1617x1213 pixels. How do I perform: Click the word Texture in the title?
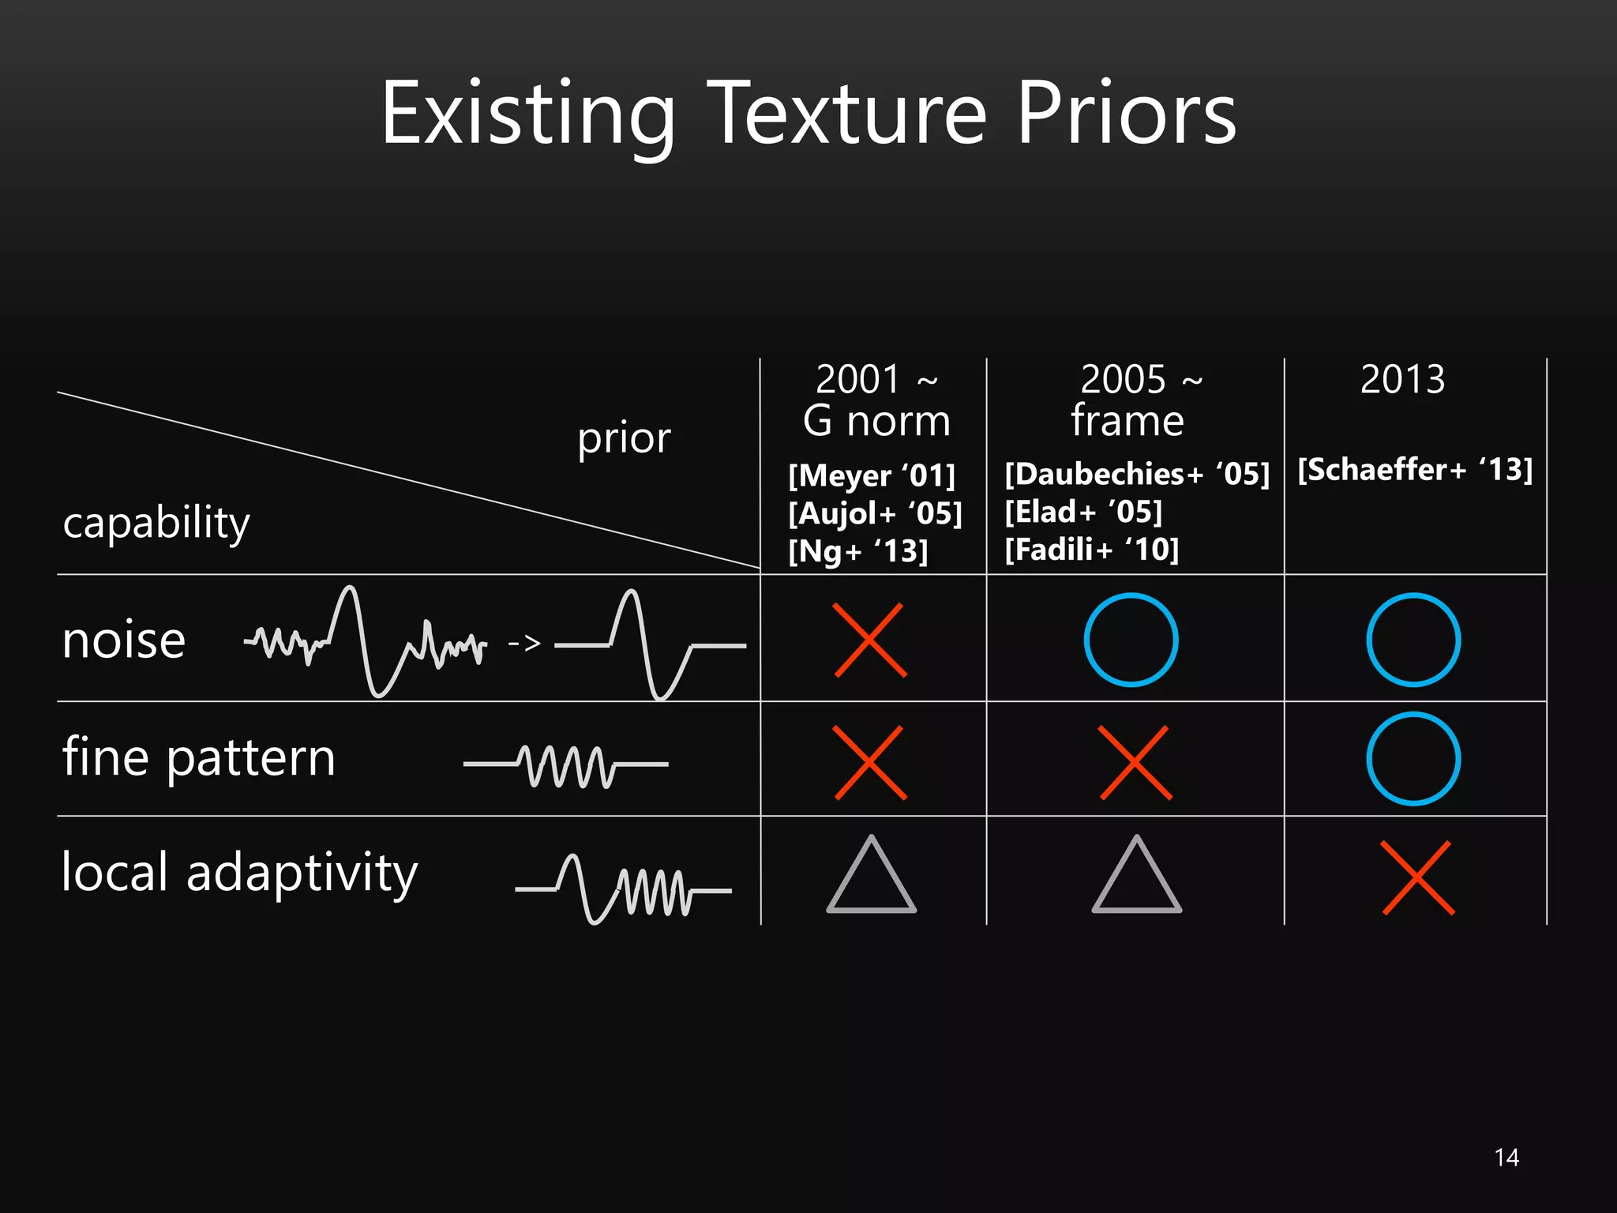click(x=850, y=114)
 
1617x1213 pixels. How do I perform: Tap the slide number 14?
click(x=1506, y=1158)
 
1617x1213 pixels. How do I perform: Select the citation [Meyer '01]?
click(x=872, y=475)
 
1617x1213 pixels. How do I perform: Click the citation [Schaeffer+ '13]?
click(x=1415, y=469)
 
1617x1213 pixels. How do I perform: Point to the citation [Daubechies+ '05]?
click(x=1137, y=474)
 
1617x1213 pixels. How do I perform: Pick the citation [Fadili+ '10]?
click(x=1091, y=550)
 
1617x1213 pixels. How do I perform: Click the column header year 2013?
click(x=1402, y=379)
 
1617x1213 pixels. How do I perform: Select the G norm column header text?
click(x=876, y=420)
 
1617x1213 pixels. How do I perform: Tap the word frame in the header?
click(x=1127, y=420)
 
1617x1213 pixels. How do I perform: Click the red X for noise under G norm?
click(x=870, y=640)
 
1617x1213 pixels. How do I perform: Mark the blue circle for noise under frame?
click(x=1131, y=640)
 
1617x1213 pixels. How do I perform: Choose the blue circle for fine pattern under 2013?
click(x=1413, y=759)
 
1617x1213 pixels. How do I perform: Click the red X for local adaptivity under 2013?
click(x=1418, y=877)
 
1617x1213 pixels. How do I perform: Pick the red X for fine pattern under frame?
click(x=1135, y=763)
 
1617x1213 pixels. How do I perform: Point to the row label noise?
click(x=124, y=640)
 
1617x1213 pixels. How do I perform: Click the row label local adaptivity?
click(x=239, y=873)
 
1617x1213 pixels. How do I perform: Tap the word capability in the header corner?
click(x=156, y=523)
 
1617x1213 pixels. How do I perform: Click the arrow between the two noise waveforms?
click(x=524, y=644)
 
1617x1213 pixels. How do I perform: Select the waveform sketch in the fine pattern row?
click(x=565, y=764)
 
